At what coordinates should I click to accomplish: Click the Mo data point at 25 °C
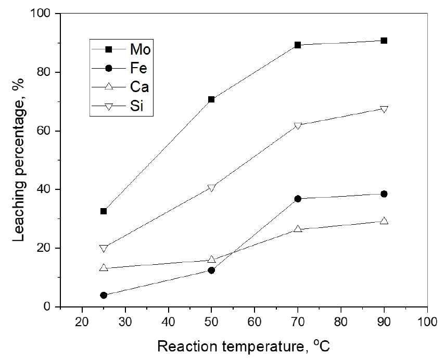(x=104, y=211)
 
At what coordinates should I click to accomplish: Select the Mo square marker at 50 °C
(x=211, y=99)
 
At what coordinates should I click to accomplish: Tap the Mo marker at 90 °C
(x=384, y=41)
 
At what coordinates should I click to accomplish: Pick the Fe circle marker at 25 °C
(x=104, y=295)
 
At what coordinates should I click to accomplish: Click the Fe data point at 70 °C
(x=298, y=199)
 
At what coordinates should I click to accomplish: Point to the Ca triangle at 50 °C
(x=211, y=259)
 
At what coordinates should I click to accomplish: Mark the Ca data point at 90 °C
(x=384, y=221)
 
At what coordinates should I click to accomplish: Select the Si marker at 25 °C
(x=104, y=248)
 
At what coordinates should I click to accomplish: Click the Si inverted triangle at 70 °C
(x=298, y=126)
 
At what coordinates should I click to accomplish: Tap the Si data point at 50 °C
(x=211, y=188)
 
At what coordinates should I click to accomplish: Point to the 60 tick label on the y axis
(x=47, y=131)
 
